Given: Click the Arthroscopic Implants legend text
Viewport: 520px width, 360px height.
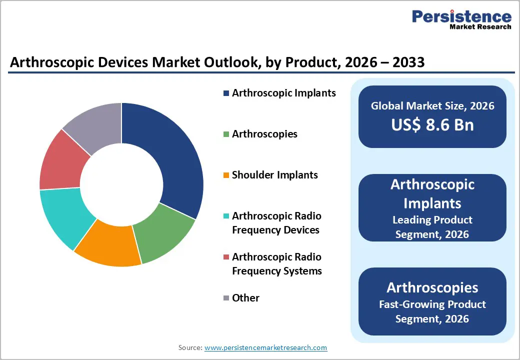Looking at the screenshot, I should click(x=283, y=93).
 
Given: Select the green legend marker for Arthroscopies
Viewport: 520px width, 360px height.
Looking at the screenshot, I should click(x=226, y=134).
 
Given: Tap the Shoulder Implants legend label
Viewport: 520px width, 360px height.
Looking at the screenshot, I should click(x=274, y=175).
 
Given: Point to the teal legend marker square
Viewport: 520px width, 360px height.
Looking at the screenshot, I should click(x=226, y=216).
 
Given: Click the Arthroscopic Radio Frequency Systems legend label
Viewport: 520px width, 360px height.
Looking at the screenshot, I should click(x=276, y=264).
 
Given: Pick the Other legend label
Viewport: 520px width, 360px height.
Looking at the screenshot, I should click(x=245, y=298).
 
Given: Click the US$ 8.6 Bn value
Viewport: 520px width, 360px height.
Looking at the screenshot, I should click(x=432, y=124).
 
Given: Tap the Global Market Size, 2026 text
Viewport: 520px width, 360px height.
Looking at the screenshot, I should click(x=432, y=105).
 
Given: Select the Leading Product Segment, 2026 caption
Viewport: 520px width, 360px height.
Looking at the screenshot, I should click(x=432, y=226).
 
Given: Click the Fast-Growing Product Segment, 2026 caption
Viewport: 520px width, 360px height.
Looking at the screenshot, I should click(x=432, y=311).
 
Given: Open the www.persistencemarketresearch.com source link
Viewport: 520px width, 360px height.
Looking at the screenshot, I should click(x=265, y=347).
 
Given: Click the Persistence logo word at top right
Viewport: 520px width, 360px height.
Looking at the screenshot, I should click(x=461, y=16).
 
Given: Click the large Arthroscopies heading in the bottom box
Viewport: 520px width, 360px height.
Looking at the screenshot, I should click(x=432, y=287).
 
